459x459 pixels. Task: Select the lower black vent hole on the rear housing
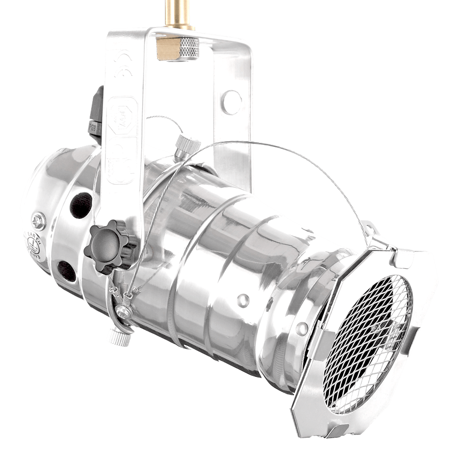click(x=68, y=270)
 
